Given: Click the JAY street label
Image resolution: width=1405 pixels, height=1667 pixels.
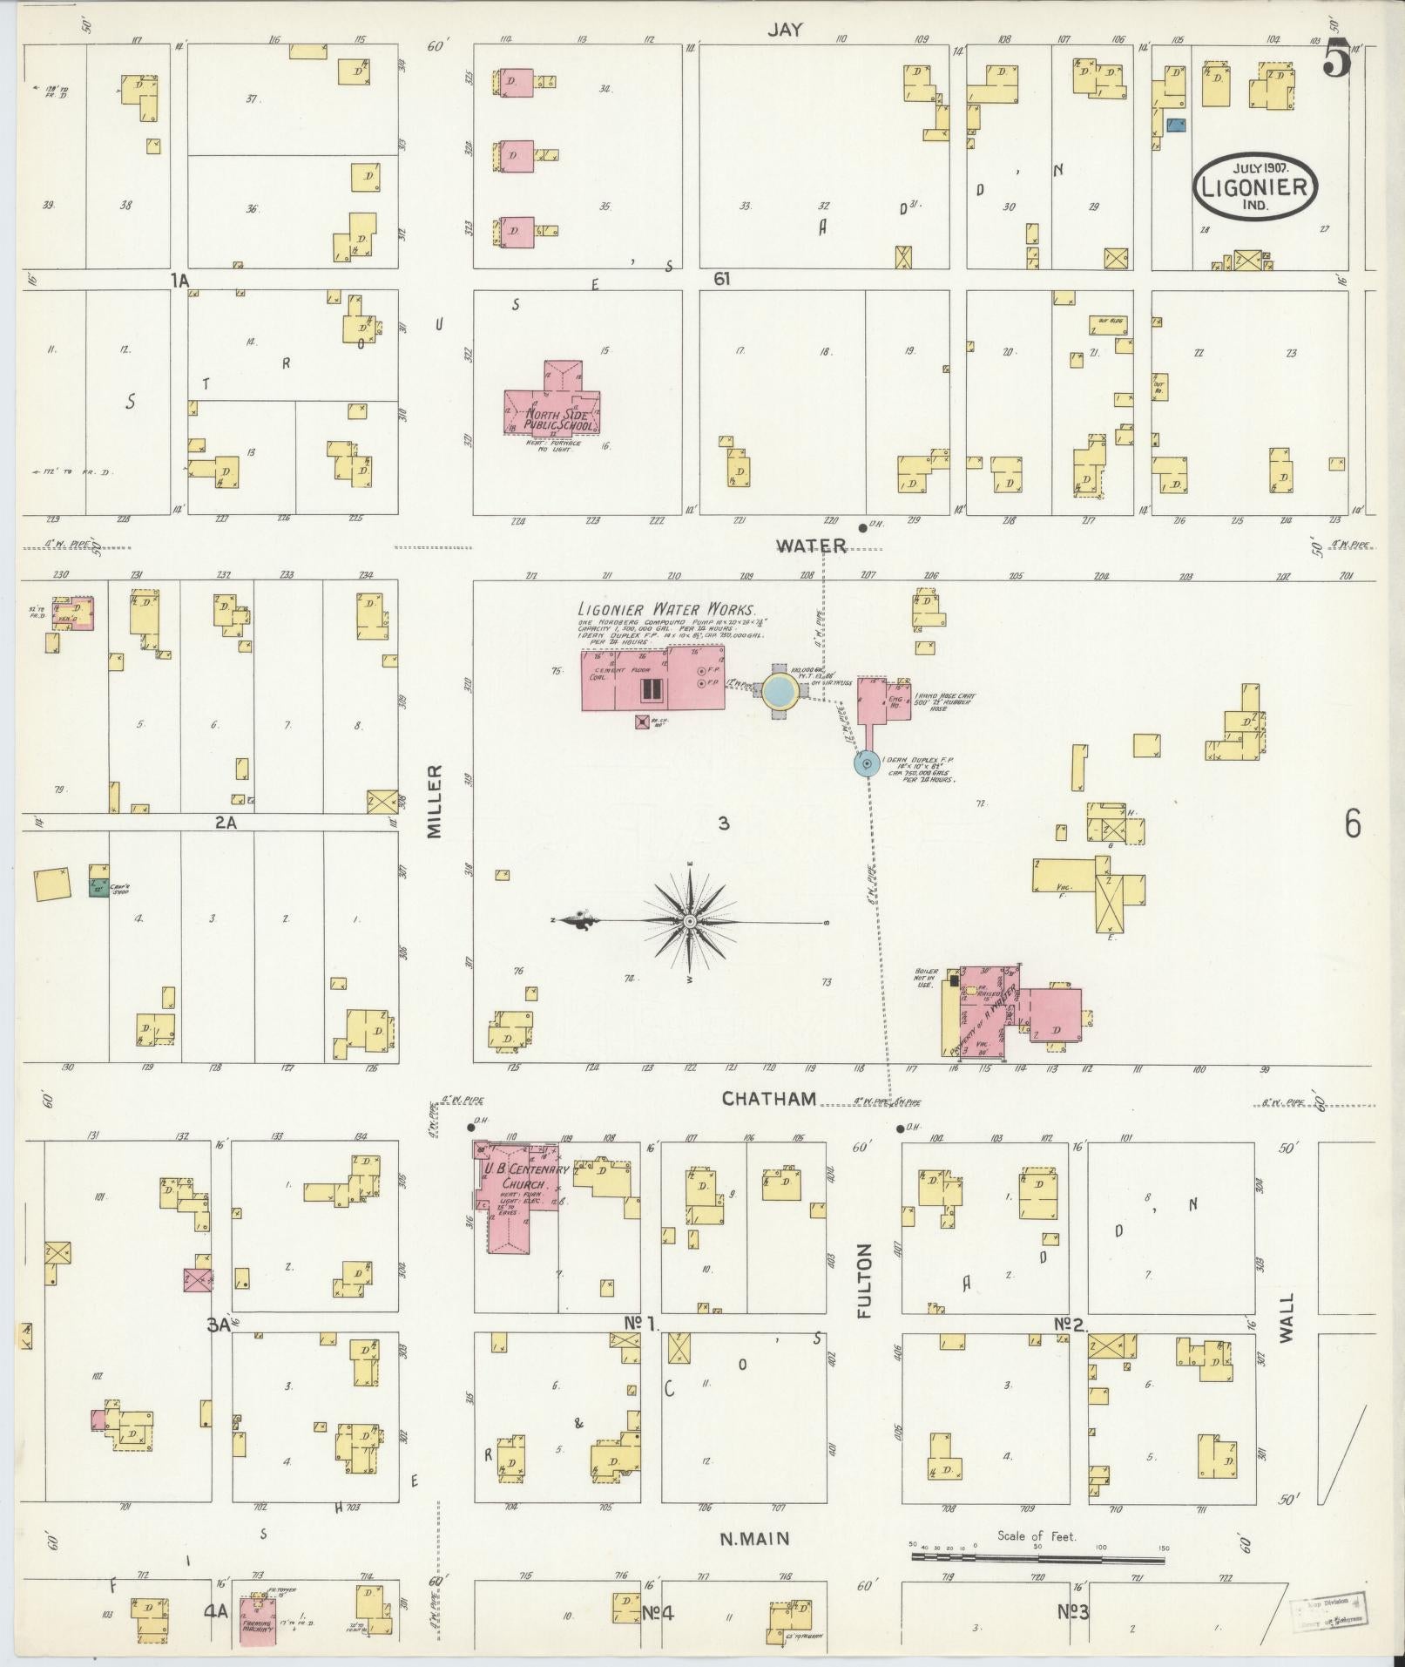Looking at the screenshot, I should tap(784, 29).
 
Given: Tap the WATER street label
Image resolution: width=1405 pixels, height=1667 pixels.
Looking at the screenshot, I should tap(811, 546).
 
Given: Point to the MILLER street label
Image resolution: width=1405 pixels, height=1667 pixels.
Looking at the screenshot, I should tap(436, 802).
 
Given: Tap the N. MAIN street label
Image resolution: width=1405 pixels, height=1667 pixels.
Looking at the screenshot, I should tap(754, 1539).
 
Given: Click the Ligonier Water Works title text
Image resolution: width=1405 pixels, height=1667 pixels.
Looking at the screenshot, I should tap(667, 610).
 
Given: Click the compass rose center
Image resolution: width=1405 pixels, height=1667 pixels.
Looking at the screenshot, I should tap(689, 921).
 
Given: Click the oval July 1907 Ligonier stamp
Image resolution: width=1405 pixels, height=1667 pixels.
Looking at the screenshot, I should tap(1254, 186).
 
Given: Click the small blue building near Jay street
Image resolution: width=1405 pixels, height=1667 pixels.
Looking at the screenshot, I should tap(1175, 126).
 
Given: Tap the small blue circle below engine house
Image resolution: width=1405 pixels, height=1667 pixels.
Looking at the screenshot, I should tap(866, 764).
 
